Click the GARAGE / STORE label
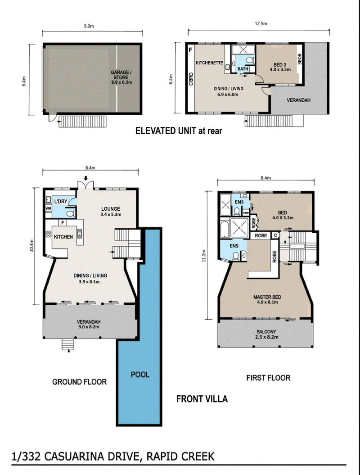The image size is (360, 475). click(121, 77)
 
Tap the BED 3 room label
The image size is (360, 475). click(280, 67)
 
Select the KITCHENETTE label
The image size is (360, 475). click(210, 63)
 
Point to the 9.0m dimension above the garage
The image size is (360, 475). click(89, 26)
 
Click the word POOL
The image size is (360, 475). click(140, 375)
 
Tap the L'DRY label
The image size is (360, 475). click(61, 201)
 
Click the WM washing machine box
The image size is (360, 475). click(49, 208)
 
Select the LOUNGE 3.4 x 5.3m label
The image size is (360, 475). click(111, 212)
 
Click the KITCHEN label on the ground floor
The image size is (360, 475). click(63, 237)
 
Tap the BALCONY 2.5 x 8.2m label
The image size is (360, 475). click(266, 334)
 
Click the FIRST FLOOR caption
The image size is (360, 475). click(268, 378)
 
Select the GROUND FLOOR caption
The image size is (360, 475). click(79, 382)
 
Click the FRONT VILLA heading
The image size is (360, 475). click(202, 398)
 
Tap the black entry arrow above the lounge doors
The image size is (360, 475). click(86, 178)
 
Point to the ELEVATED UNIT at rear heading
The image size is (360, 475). click(179, 131)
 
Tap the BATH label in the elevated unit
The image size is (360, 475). click(243, 69)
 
